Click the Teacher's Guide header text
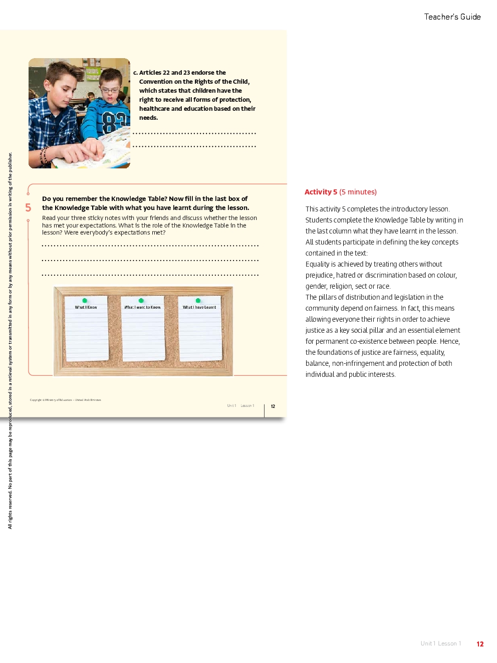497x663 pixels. (x=452, y=17)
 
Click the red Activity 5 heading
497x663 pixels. (x=321, y=192)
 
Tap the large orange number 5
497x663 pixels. (x=28, y=207)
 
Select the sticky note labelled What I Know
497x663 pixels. (x=86, y=331)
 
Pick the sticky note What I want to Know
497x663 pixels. (x=143, y=331)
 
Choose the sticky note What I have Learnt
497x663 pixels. (x=200, y=331)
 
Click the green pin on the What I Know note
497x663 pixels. (x=85, y=301)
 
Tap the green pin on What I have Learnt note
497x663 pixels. (x=198, y=301)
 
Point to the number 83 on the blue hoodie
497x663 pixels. (x=113, y=123)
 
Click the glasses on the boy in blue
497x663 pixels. (x=111, y=90)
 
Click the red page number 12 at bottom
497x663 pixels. (x=480, y=644)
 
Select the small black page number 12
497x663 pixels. (x=273, y=406)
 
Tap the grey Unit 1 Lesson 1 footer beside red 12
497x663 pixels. (x=441, y=643)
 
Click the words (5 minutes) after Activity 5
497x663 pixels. (x=358, y=192)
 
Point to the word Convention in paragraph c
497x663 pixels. (x=156, y=82)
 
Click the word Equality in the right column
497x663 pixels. (x=317, y=264)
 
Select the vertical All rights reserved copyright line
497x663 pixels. (x=10, y=341)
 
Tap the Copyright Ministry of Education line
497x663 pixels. (x=65, y=400)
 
